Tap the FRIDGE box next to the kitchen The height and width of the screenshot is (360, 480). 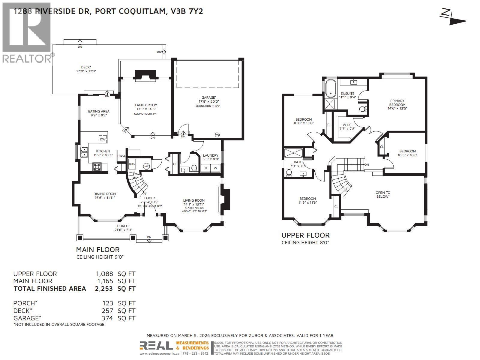pos(121,155)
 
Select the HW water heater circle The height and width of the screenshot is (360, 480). pos(147,166)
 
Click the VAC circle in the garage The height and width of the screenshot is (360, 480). pos(217,135)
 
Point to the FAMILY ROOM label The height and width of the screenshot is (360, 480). pos(146,105)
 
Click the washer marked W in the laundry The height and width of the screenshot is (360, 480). pos(215,168)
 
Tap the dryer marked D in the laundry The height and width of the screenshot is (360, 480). pos(206,168)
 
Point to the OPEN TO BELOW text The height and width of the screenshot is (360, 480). pos(383,194)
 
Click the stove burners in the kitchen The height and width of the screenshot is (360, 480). pos(97,166)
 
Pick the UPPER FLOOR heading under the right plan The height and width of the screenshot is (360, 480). pos(305,235)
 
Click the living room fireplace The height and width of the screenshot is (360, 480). pos(225,199)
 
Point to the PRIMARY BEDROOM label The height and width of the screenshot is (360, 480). pos(397,103)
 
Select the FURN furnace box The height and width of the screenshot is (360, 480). pos(132,164)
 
